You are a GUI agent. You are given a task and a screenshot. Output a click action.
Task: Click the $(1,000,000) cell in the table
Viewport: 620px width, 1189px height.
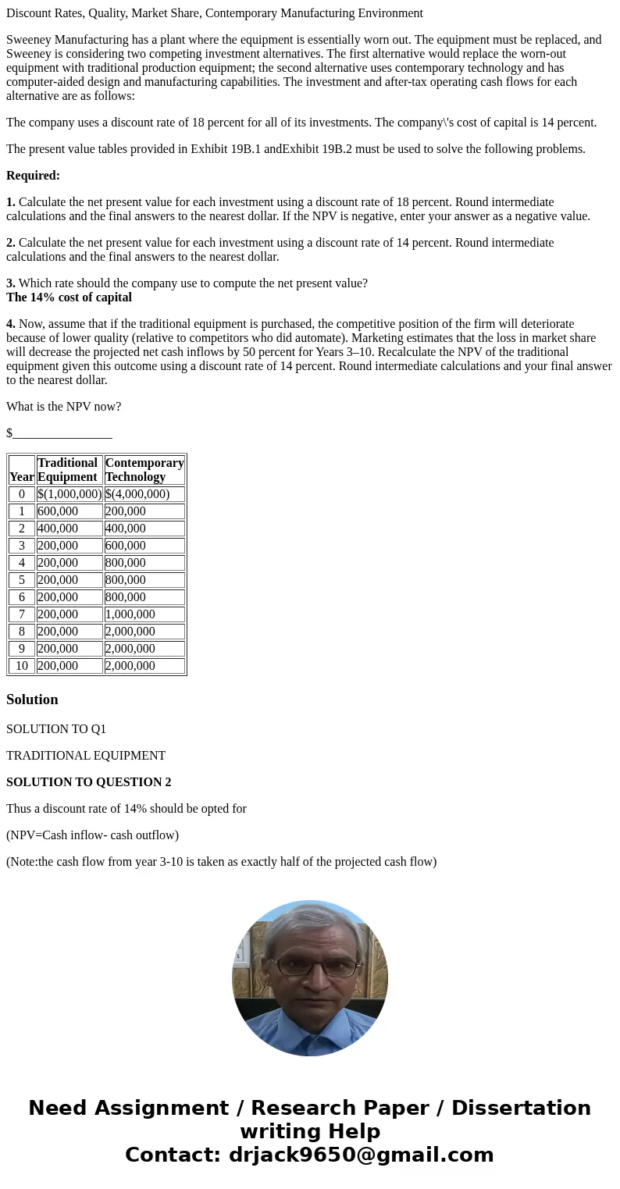tap(69, 494)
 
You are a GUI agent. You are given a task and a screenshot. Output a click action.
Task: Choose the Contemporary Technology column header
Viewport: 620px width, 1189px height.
tap(144, 470)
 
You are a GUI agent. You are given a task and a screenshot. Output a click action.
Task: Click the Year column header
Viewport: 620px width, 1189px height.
tap(22, 476)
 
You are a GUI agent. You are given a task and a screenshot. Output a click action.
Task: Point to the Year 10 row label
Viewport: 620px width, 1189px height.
tap(22, 666)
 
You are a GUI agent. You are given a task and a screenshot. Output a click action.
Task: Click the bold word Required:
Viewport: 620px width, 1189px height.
tap(33, 176)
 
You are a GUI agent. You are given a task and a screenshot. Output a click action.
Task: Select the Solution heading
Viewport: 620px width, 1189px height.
tap(32, 700)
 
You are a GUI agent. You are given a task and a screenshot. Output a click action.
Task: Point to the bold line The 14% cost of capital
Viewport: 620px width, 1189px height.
tap(69, 297)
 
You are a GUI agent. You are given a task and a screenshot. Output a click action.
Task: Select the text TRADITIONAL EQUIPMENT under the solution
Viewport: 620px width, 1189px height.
tap(86, 756)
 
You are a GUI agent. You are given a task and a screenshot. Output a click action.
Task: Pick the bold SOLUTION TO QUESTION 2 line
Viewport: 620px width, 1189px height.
tap(88, 782)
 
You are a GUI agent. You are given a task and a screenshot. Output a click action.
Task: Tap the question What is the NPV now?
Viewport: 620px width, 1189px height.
tap(63, 407)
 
